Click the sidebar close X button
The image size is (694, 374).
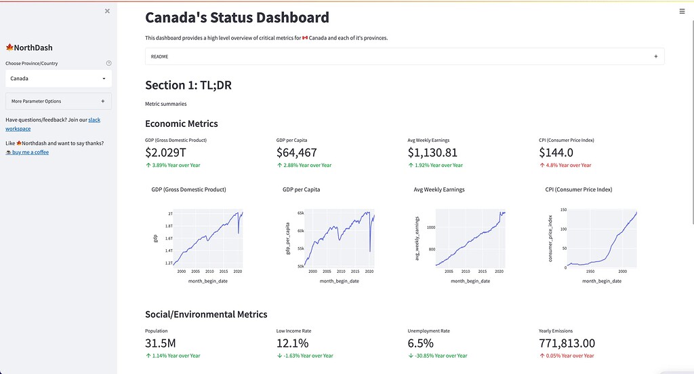click(107, 11)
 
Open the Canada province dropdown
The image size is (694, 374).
click(58, 79)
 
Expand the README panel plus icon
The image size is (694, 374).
click(655, 56)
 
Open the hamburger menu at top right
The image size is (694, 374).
click(682, 11)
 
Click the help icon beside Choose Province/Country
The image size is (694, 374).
click(109, 63)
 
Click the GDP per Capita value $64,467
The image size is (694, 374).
click(297, 153)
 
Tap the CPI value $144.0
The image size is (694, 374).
click(556, 153)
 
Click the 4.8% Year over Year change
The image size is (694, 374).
click(568, 165)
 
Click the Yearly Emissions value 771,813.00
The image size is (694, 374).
click(567, 343)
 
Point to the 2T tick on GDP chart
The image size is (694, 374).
click(170, 214)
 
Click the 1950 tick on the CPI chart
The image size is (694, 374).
click(590, 270)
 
